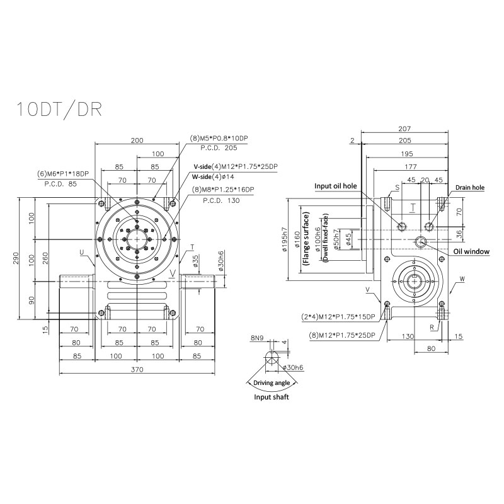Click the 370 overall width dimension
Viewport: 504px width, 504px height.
pos(137,370)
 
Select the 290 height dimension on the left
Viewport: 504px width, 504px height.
pos(16,258)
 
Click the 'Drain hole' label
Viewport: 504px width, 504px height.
pos(469,187)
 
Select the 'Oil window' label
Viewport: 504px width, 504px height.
pos(471,251)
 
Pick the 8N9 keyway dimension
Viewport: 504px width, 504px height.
pos(257,338)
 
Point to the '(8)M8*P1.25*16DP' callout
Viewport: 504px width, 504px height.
pos(224,190)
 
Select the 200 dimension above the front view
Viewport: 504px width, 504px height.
pos(137,140)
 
